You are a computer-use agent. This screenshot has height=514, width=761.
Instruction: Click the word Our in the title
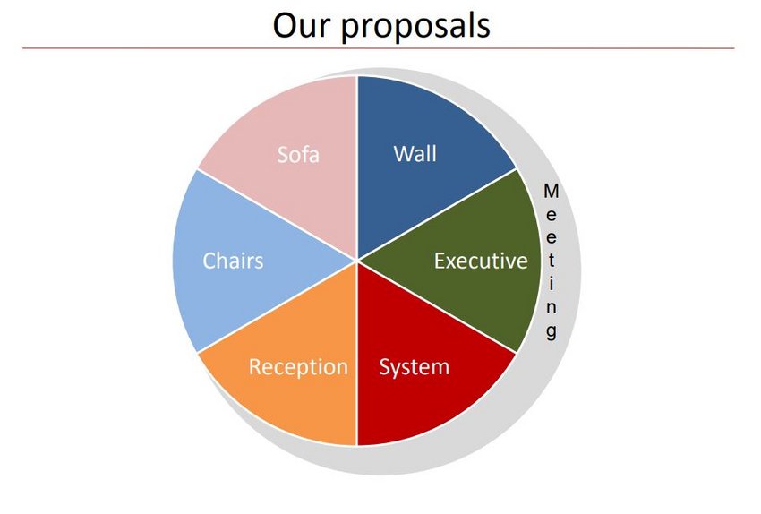tap(302, 25)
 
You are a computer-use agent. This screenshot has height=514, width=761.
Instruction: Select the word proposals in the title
tap(415, 27)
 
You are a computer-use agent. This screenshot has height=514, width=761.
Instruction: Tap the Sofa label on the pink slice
tap(298, 155)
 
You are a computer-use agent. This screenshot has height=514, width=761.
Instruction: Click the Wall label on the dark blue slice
tap(415, 154)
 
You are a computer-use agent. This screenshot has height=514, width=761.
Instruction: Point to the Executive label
tap(481, 261)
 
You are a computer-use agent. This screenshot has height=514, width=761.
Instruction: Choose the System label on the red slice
tap(414, 367)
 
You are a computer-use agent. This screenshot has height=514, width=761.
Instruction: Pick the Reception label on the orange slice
tap(298, 367)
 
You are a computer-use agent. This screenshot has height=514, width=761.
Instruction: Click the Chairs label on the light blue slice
tap(233, 261)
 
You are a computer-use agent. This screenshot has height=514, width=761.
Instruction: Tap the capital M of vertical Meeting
tap(551, 192)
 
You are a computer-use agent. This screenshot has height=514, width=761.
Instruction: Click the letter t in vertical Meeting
tap(551, 261)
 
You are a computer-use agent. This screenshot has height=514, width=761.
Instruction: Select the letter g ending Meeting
tap(551, 331)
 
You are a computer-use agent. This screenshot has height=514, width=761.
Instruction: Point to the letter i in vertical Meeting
tap(551, 284)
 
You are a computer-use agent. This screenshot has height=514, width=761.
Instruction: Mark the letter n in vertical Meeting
tap(551, 308)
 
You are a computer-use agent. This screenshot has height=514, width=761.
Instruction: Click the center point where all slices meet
tap(357, 261)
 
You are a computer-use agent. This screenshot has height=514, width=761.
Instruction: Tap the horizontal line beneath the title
tap(379, 48)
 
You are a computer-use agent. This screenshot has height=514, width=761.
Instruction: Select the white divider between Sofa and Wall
tap(357, 168)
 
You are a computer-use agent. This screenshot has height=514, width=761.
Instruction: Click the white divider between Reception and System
tap(357, 354)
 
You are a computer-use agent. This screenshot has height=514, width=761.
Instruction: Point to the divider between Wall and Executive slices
tap(437, 215)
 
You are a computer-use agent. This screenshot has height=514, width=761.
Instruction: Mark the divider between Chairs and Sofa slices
tap(278, 215)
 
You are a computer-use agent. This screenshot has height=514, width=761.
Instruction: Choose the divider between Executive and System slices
tap(437, 307)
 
